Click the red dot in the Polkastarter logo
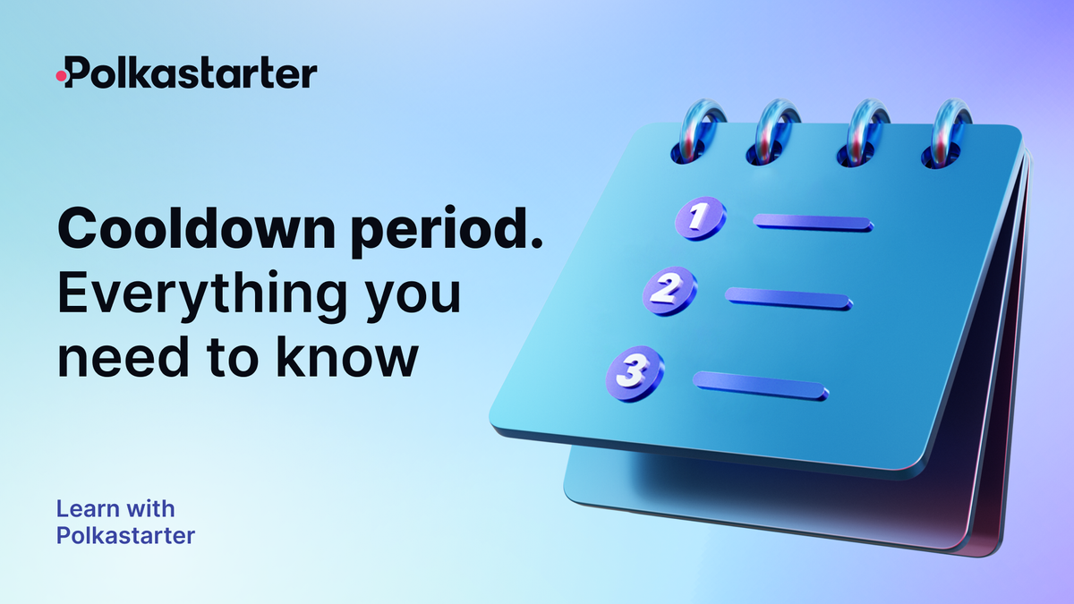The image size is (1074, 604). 61,77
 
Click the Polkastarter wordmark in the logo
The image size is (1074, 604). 192,73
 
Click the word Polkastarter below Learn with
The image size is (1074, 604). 125,536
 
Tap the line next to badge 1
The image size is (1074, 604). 813,223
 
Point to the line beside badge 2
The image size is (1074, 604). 788,299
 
